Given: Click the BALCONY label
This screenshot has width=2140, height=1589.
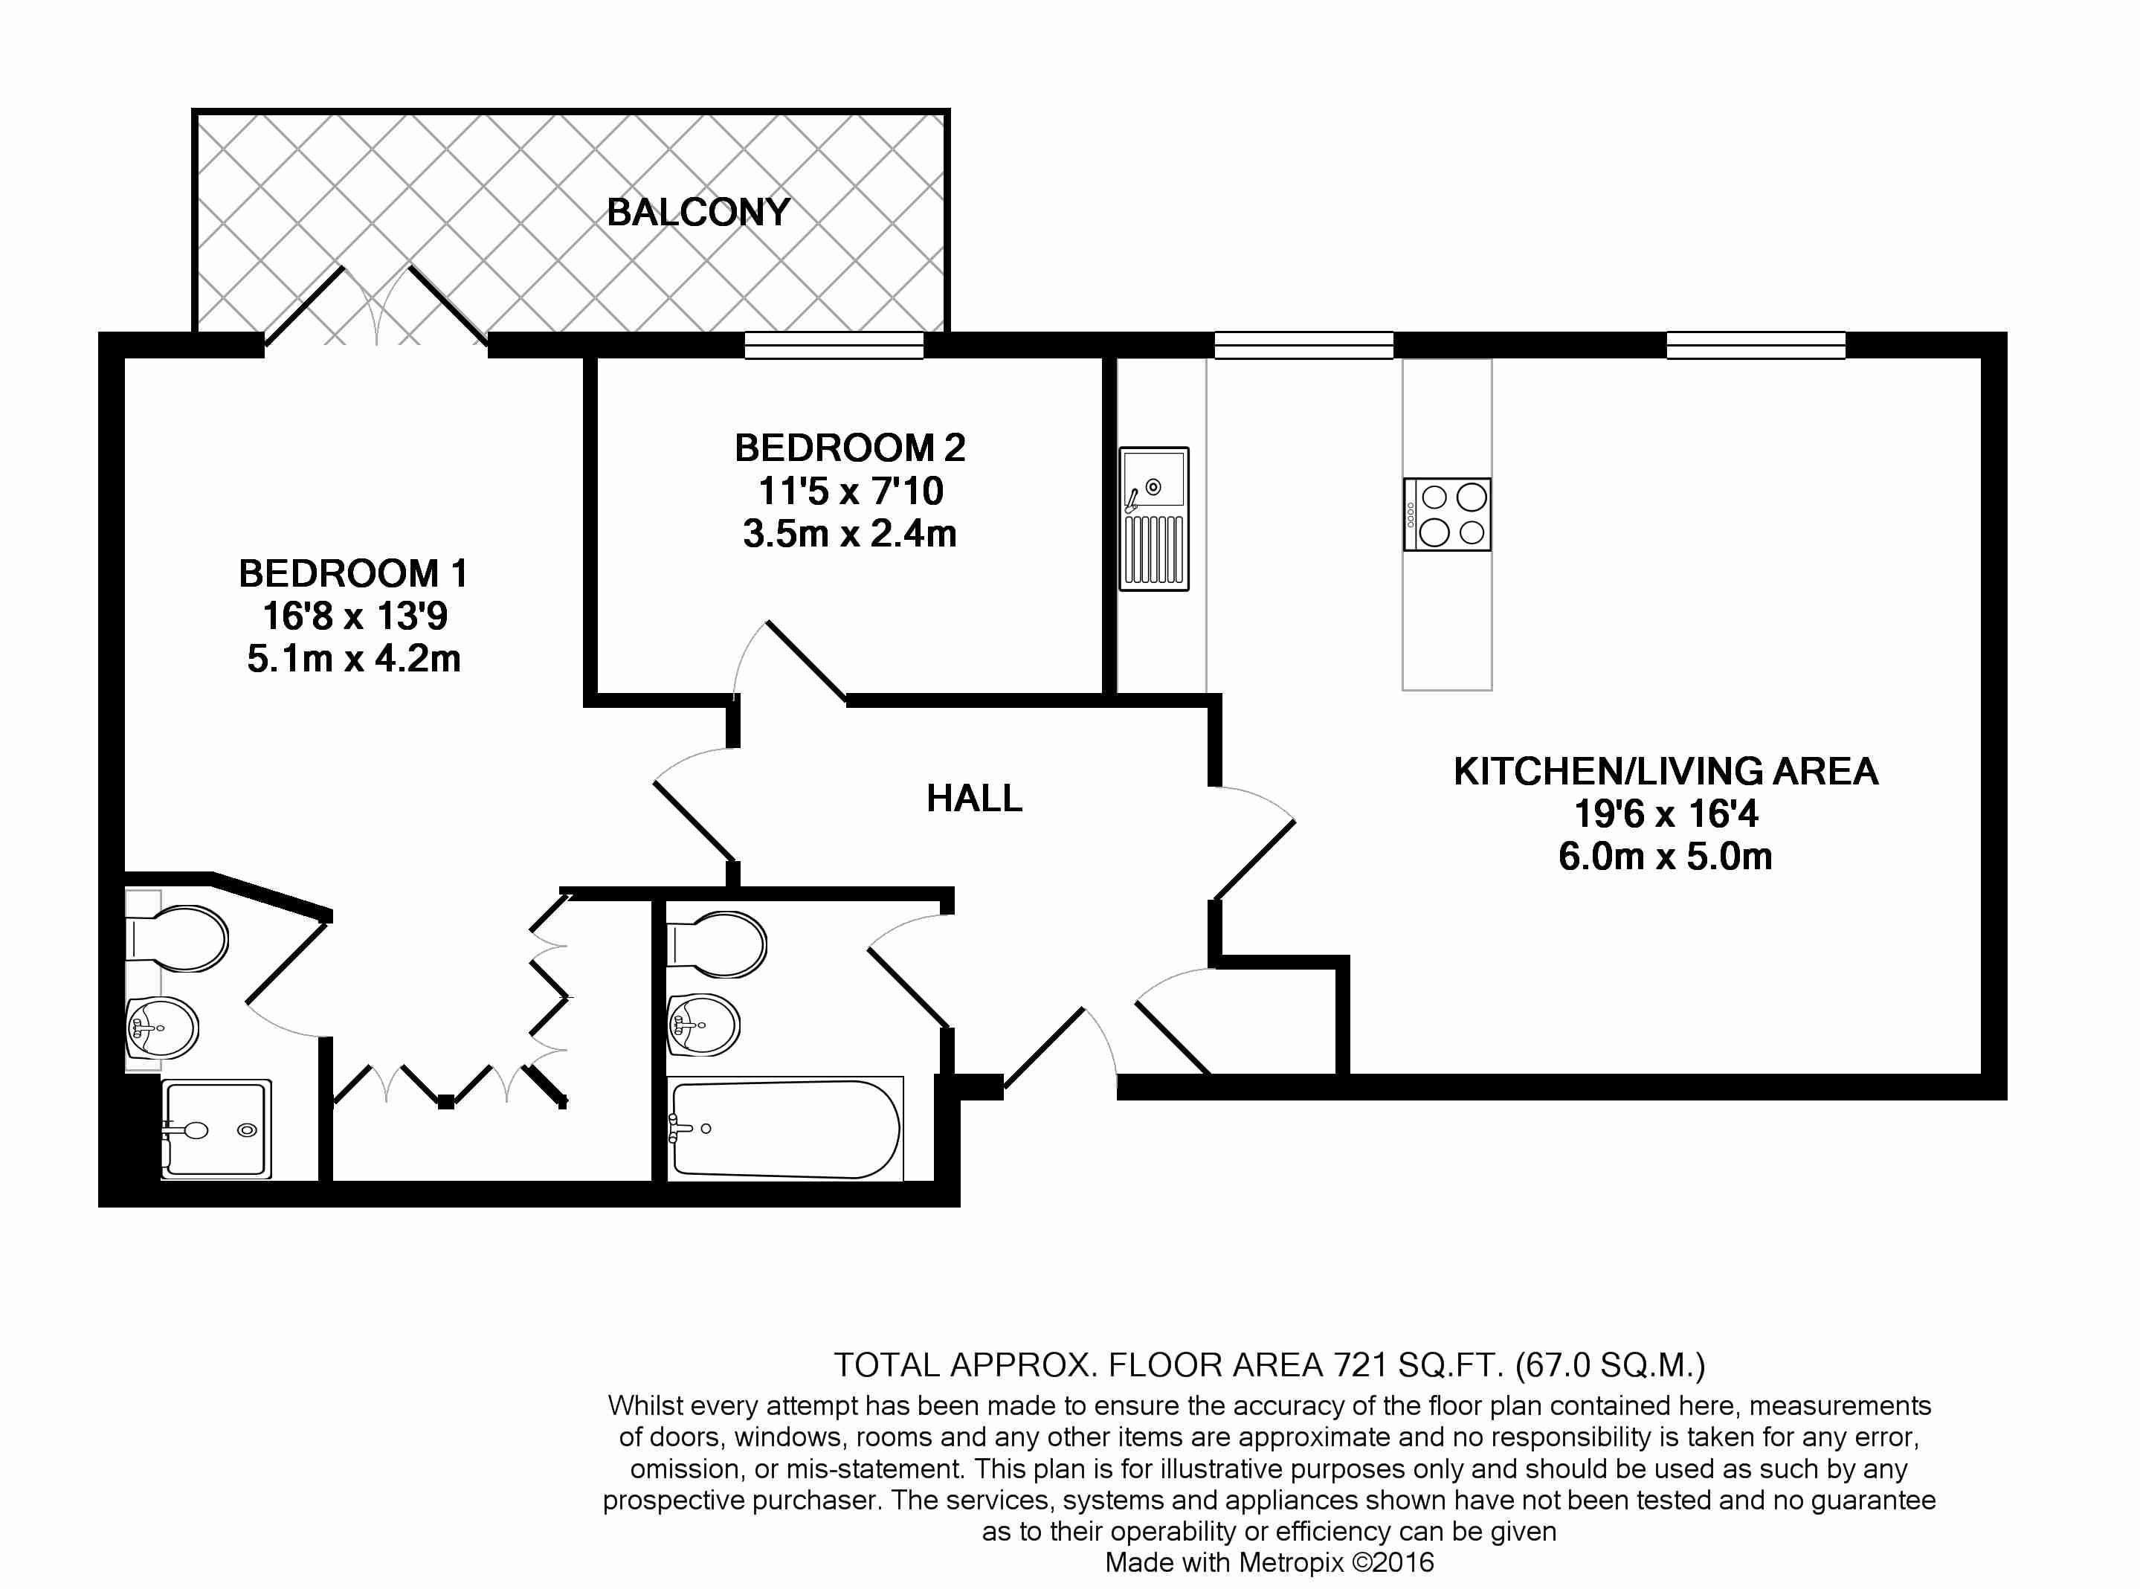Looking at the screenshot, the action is point(698,212).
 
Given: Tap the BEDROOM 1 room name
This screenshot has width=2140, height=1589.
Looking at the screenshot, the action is point(353,573).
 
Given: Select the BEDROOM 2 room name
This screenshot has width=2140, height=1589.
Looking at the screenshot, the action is point(850,448).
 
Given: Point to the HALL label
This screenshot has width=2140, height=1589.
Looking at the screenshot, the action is point(974,799).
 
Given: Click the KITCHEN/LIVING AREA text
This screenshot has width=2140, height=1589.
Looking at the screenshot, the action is point(1666,771).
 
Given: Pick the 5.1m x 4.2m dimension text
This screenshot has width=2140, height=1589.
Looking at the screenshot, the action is point(354,659).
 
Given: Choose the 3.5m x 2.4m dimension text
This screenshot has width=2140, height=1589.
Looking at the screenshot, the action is point(850,534).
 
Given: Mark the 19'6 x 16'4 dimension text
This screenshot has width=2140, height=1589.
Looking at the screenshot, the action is point(1666,813).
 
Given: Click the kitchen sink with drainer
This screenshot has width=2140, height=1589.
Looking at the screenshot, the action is point(1154,518).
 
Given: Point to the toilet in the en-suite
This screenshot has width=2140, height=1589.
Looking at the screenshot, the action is point(177,937).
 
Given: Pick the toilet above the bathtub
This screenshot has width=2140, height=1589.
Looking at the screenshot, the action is point(717,943).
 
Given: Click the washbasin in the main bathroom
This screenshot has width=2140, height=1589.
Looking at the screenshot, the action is point(703,1025).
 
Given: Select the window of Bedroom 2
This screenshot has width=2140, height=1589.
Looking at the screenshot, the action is point(834,345).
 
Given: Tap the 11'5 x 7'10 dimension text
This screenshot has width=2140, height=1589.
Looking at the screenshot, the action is point(850,491).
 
